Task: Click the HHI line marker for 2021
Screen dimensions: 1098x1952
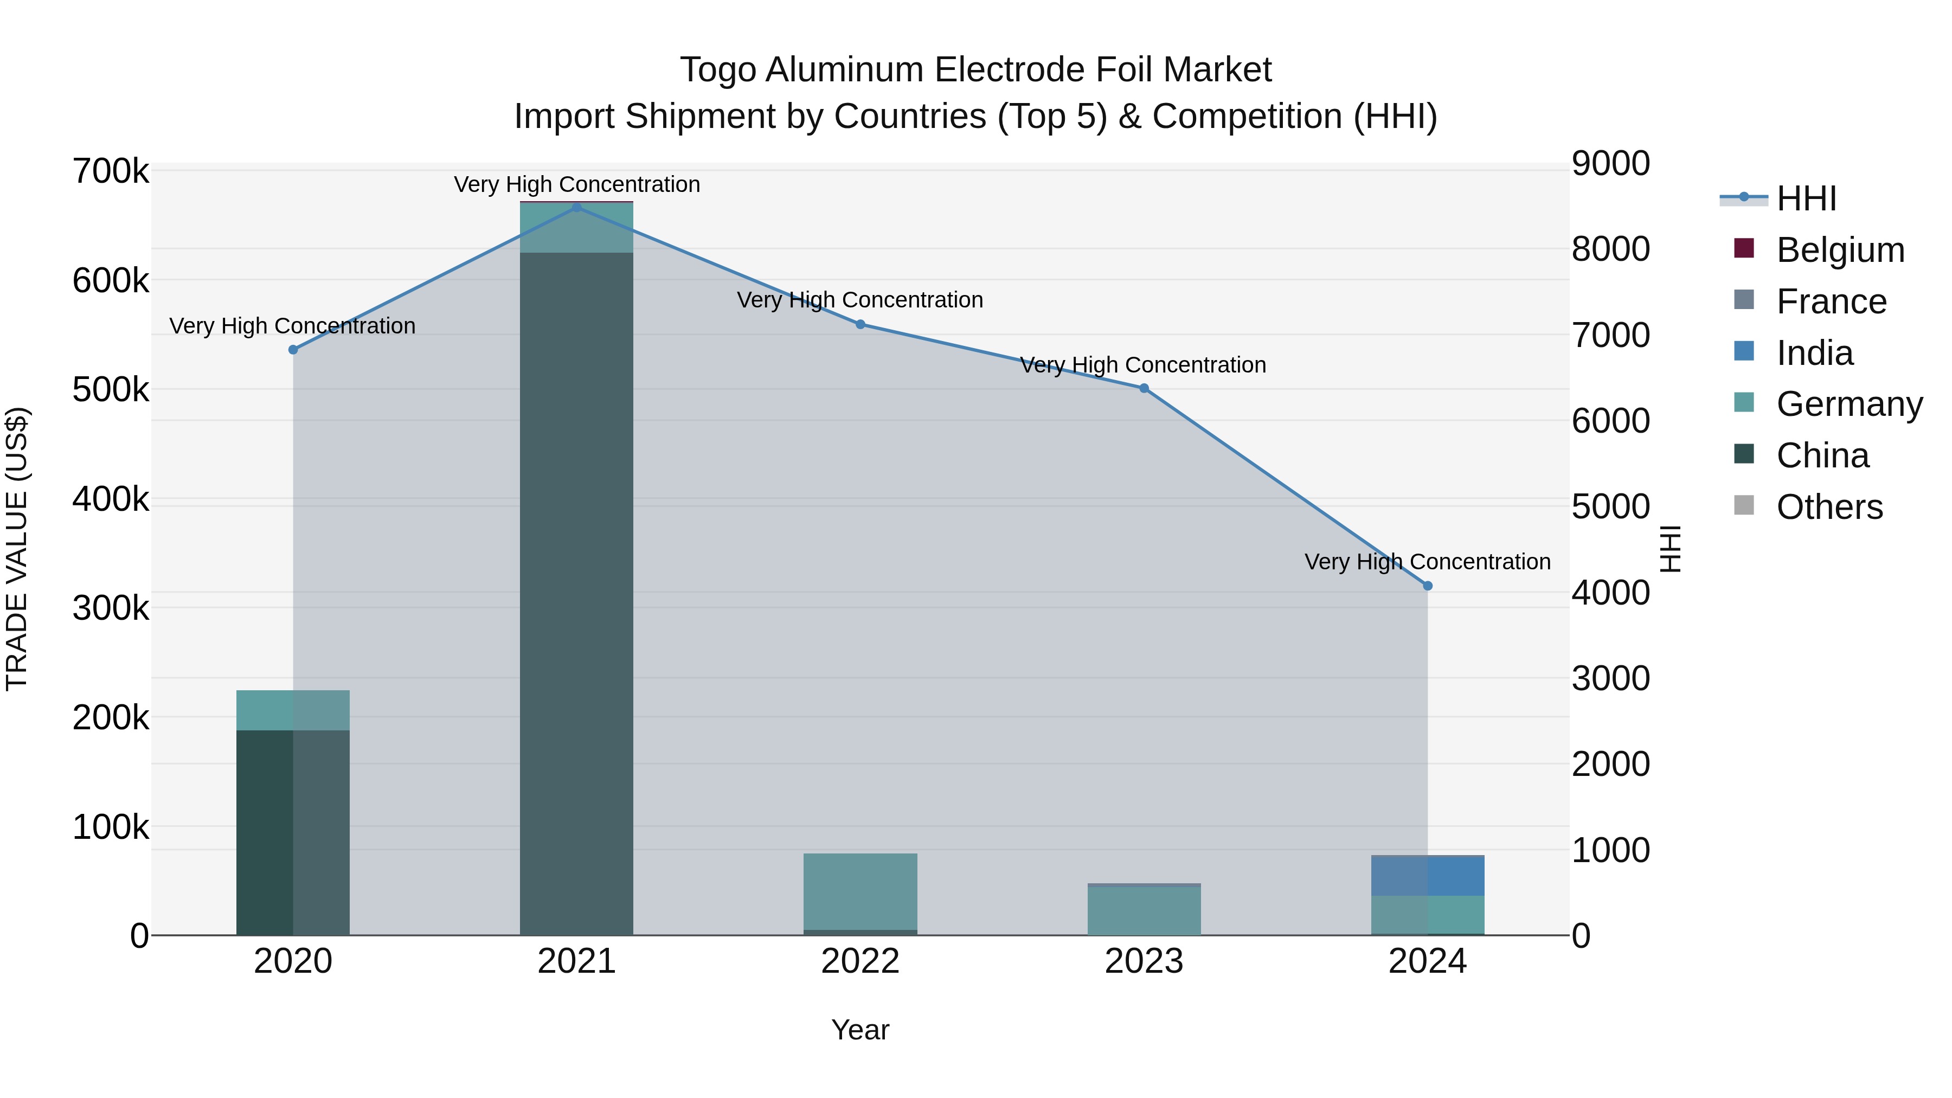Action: pos(577,207)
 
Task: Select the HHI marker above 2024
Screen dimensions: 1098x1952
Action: pos(1428,586)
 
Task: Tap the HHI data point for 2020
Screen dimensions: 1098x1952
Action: pos(293,349)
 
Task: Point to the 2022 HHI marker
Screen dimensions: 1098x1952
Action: pos(860,324)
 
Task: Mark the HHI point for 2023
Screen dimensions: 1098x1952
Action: pos(1144,388)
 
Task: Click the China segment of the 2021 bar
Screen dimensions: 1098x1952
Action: pos(577,591)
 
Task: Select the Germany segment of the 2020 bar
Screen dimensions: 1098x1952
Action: pos(293,710)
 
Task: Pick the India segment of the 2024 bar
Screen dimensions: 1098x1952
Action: pos(1428,876)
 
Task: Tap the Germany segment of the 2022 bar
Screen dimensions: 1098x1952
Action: pos(860,891)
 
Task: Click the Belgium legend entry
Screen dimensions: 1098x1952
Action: pos(1840,250)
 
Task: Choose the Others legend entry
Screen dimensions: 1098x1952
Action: pos(1829,507)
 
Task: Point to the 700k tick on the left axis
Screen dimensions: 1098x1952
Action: pos(111,171)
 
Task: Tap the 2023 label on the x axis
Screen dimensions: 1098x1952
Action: pos(1144,961)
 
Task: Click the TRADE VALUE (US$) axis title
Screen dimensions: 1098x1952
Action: pos(17,549)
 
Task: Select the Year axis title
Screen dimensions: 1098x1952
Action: pos(860,1030)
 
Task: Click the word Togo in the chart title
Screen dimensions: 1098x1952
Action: pos(717,70)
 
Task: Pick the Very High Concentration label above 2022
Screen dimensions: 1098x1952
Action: pos(860,300)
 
